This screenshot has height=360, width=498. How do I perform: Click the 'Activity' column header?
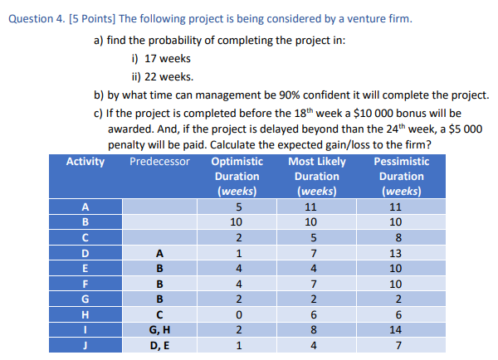[x=85, y=161]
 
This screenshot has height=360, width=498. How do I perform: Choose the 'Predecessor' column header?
[x=159, y=161]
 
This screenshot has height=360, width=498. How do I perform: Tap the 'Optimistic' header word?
[x=237, y=161]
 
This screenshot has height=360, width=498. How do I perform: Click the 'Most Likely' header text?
[x=317, y=161]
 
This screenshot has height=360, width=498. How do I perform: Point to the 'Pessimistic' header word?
[x=402, y=161]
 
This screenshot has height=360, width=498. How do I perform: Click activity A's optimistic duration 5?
[x=238, y=207]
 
